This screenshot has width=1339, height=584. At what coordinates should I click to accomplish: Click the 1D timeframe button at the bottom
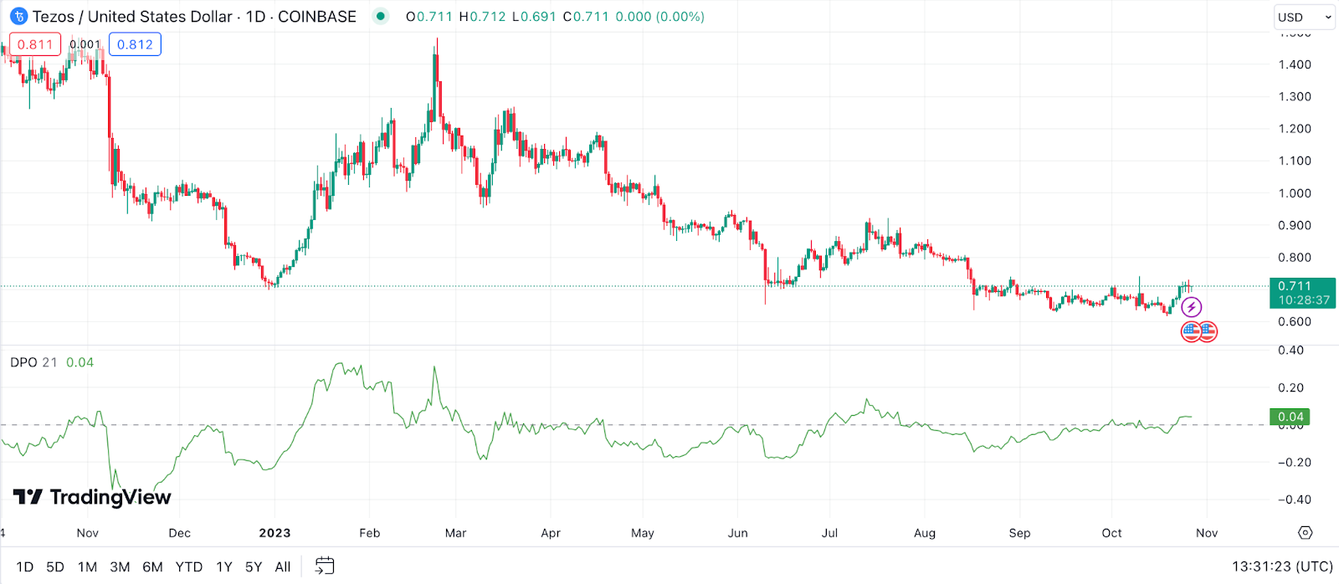[x=25, y=566]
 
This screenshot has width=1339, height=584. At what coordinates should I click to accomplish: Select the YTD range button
[x=188, y=566]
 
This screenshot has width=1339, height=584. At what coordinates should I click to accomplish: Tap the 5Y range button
[x=254, y=566]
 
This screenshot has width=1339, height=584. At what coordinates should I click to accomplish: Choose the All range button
[x=283, y=566]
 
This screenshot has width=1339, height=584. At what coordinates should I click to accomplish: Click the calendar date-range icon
[x=325, y=566]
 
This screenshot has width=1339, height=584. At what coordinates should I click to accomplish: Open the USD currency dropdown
[x=1304, y=17]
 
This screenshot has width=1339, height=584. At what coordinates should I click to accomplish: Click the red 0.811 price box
[x=35, y=44]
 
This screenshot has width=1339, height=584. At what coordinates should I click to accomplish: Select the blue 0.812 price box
[x=135, y=44]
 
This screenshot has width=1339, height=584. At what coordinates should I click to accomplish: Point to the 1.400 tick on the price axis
[x=1295, y=64]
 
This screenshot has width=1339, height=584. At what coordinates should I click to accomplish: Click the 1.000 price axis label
[x=1295, y=193]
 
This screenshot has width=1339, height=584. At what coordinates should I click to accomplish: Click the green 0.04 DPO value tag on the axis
[x=1290, y=417]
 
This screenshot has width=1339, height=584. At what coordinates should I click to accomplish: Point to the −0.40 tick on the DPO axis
[x=1293, y=499]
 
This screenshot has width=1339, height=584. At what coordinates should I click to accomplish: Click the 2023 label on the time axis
[x=274, y=533]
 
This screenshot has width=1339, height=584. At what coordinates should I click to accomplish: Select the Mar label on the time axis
[x=455, y=533]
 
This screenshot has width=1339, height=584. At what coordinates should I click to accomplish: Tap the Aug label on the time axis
[x=925, y=533]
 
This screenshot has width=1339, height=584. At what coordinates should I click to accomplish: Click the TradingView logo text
[x=110, y=497]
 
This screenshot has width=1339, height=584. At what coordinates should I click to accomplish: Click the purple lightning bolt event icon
[x=1191, y=307]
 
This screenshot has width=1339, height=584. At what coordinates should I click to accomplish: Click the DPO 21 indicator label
[x=33, y=362]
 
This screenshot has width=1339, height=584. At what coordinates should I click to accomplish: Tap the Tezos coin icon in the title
[x=18, y=17]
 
